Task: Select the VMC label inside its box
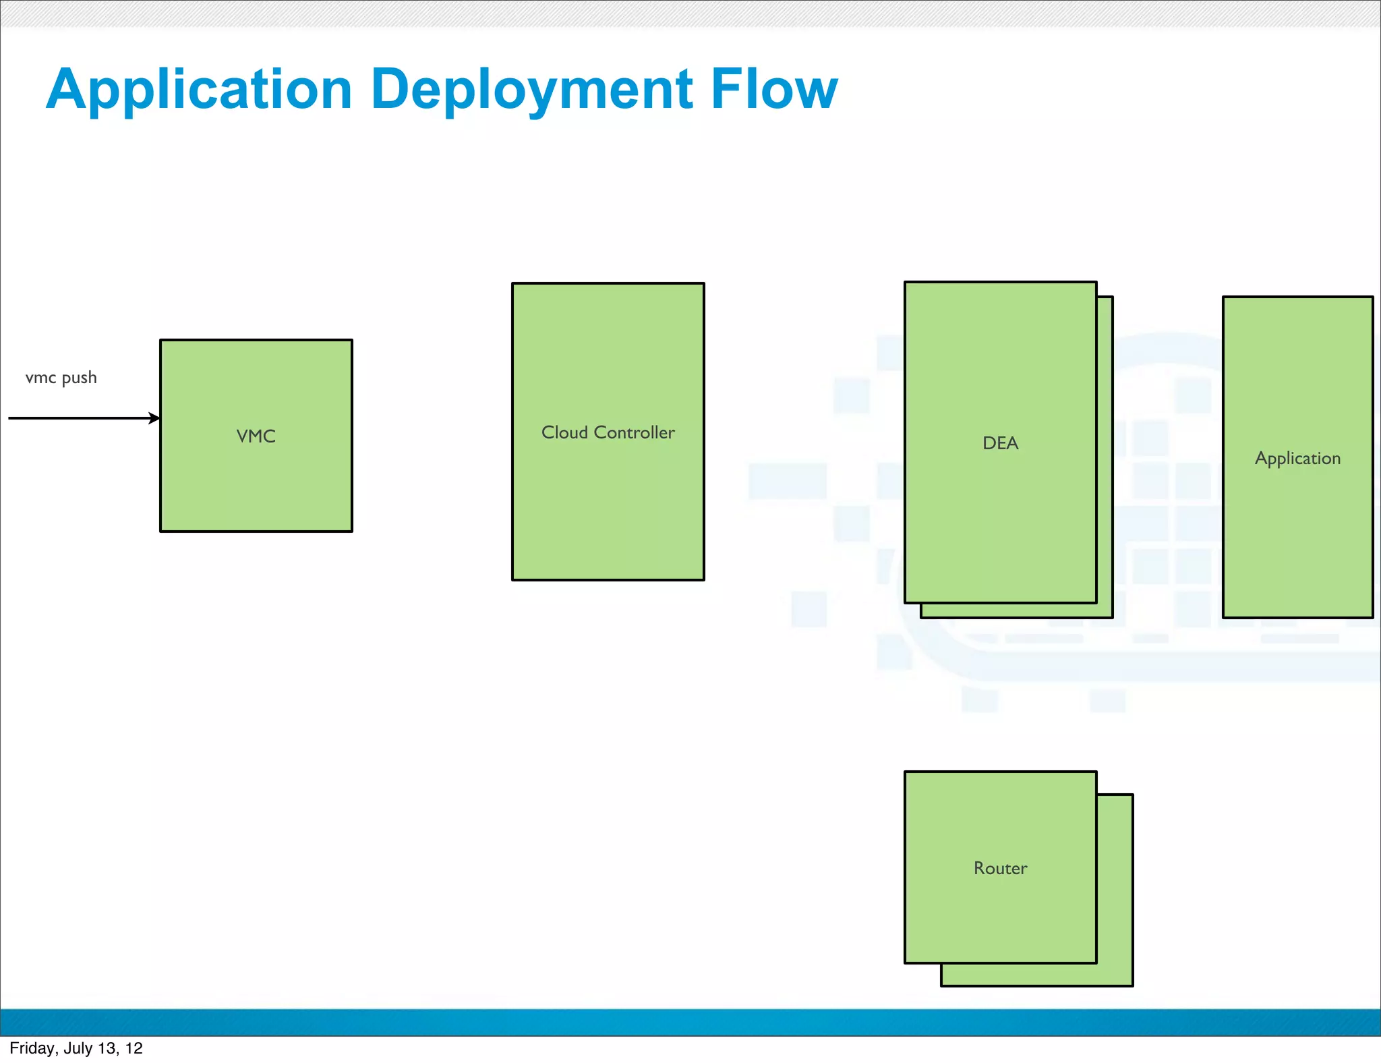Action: pyautogui.click(x=256, y=436)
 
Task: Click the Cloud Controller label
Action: pyautogui.click(x=608, y=432)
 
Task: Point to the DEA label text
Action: pyautogui.click(x=1000, y=443)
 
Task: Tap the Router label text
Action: pyautogui.click(x=1000, y=868)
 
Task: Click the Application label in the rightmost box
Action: pyautogui.click(x=1297, y=458)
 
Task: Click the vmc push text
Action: pyautogui.click(x=61, y=378)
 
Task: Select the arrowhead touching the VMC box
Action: pyautogui.click(x=154, y=418)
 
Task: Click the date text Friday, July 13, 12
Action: pyautogui.click(x=76, y=1048)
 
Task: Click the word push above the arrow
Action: pyautogui.click(x=79, y=378)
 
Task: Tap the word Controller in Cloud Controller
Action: pyautogui.click(x=634, y=432)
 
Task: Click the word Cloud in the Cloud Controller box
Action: pyautogui.click(x=564, y=432)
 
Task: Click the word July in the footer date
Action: pyautogui.click(x=78, y=1048)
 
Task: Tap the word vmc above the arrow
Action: pyautogui.click(x=40, y=378)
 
